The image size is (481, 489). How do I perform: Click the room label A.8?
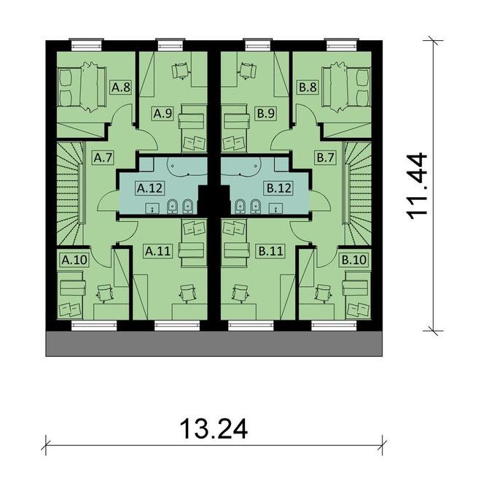pyautogui.click(x=120, y=88)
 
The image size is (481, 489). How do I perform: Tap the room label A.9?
pyautogui.click(x=162, y=113)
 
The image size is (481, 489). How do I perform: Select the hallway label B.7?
pyautogui.click(x=325, y=156)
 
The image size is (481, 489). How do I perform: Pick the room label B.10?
pyautogui.click(x=354, y=259)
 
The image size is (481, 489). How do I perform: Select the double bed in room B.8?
pyautogui.click(x=351, y=87)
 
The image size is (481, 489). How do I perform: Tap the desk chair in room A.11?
pyautogui.click(x=189, y=293)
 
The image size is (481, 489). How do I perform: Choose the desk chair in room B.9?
pyautogui.click(x=249, y=70)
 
